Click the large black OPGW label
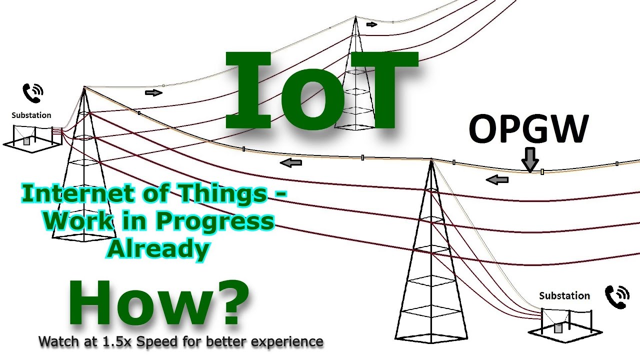(528, 129)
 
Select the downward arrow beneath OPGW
(530, 160)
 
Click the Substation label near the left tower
(31, 115)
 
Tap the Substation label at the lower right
(564, 295)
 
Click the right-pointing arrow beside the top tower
(371, 24)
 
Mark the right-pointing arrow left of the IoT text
(154, 92)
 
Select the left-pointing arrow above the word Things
(291, 162)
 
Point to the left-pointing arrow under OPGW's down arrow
(497, 180)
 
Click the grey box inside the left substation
(26, 141)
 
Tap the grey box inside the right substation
(558, 328)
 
